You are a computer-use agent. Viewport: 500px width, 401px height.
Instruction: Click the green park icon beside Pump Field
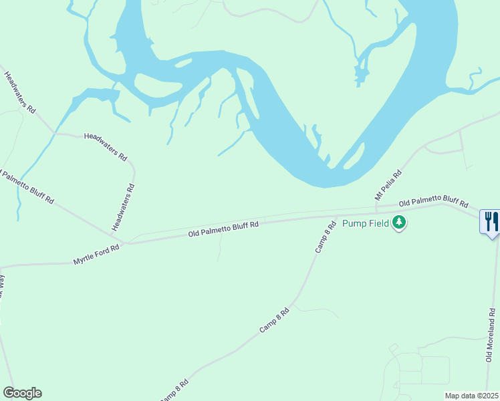[x=399, y=222]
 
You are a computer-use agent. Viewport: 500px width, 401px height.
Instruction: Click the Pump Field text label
[x=366, y=223]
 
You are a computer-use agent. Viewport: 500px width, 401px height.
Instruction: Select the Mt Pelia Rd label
[x=388, y=184]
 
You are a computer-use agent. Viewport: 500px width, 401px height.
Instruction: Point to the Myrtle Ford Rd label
[x=96, y=256]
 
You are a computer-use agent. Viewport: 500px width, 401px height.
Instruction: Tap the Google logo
[x=22, y=393]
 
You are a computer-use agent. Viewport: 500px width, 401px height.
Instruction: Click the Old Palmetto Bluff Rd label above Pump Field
[x=433, y=202]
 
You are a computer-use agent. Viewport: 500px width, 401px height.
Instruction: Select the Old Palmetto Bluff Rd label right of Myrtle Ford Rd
[x=223, y=229]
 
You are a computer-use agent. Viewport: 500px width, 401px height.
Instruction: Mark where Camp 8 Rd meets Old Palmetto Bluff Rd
[x=334, y=217]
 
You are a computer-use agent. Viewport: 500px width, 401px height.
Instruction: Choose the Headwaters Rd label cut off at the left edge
[x=20, y=92]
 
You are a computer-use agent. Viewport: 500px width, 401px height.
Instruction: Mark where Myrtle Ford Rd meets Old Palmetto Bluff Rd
[x=128, y=243]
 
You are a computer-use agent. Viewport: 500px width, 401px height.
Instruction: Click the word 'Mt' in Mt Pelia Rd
[x=378, y=195]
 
